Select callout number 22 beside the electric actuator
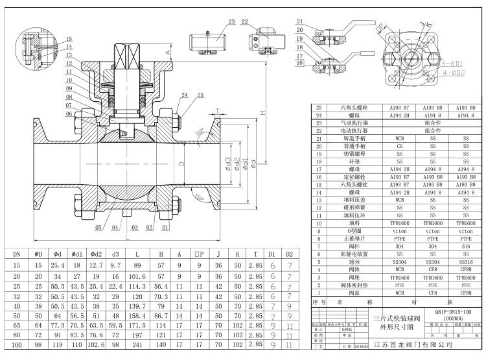[245, 21]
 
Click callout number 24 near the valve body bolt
[168, 95]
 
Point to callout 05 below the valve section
[99, 228]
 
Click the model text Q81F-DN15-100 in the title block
[448, 313]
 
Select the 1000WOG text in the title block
[448, 320]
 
